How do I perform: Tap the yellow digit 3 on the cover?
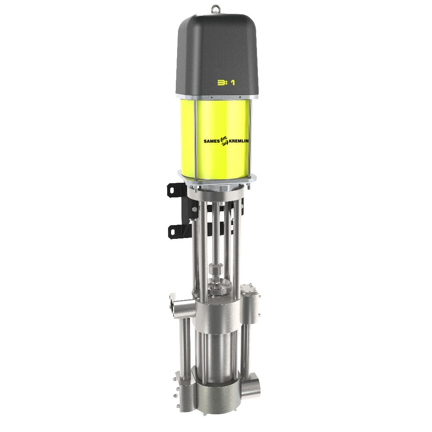[x=221, y=83]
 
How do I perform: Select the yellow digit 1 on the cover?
[x=233, y=83]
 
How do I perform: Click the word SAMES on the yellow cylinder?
[x=212, y=141]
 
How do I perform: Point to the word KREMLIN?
[x=238, y=141]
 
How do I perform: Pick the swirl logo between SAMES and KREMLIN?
[x=224, y=141]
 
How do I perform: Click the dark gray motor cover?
[x=217, y=55]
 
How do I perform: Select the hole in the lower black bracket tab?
[x=173, y=232]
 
